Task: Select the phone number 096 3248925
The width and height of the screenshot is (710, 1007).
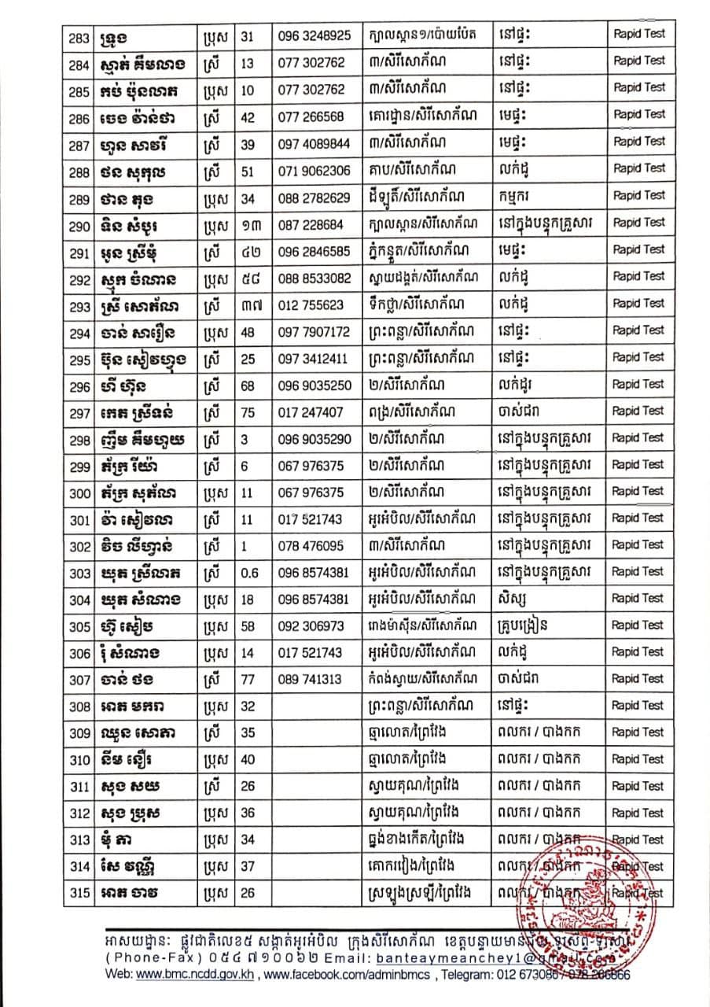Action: point(315,35)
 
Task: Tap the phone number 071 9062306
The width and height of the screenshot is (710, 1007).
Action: point(315,169)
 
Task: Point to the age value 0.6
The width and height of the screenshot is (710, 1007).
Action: point(249,573)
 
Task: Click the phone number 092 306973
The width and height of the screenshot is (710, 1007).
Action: point(311,626)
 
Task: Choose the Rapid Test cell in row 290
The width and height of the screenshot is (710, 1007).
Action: point(638,223)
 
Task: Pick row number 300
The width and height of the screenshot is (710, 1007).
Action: point(79,492)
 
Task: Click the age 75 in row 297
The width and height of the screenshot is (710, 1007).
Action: point(248,411)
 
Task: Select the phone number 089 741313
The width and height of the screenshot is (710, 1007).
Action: point(311,680)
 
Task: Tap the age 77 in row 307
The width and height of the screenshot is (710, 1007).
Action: point(248,680)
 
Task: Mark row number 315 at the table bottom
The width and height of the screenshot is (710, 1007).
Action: point(79,894)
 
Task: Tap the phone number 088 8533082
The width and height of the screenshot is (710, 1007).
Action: point(315,277)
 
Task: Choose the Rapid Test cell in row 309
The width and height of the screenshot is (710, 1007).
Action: point(638,733)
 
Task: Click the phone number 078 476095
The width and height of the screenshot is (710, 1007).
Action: point(311,546)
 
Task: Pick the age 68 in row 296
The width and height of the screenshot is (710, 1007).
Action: point(248,385)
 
